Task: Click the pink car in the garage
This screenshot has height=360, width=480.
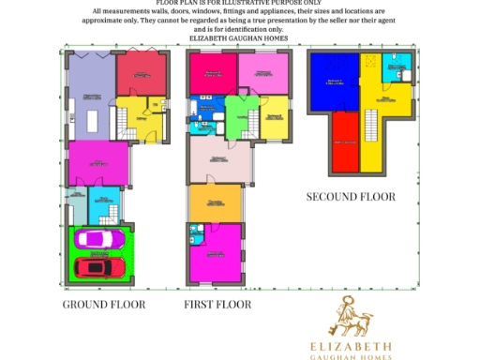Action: click(97, 240)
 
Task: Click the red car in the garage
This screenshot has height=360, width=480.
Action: click(100, 268)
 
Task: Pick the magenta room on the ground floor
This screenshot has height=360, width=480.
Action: click(97, 163)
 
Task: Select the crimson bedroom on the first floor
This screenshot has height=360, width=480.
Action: click(212, 74)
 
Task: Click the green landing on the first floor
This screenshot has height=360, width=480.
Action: click(237, 120)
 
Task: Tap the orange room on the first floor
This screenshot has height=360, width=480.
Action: click(215, 202)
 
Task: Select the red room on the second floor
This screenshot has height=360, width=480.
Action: click(344, 141)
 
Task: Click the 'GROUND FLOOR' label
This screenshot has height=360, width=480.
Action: click(104, 305)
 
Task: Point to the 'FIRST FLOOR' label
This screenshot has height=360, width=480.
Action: click(219, 305)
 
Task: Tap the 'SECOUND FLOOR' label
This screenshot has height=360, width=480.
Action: click(352, 197)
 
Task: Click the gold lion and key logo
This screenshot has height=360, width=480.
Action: click(351, 317)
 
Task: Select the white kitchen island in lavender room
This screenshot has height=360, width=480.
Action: click(93, 119)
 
